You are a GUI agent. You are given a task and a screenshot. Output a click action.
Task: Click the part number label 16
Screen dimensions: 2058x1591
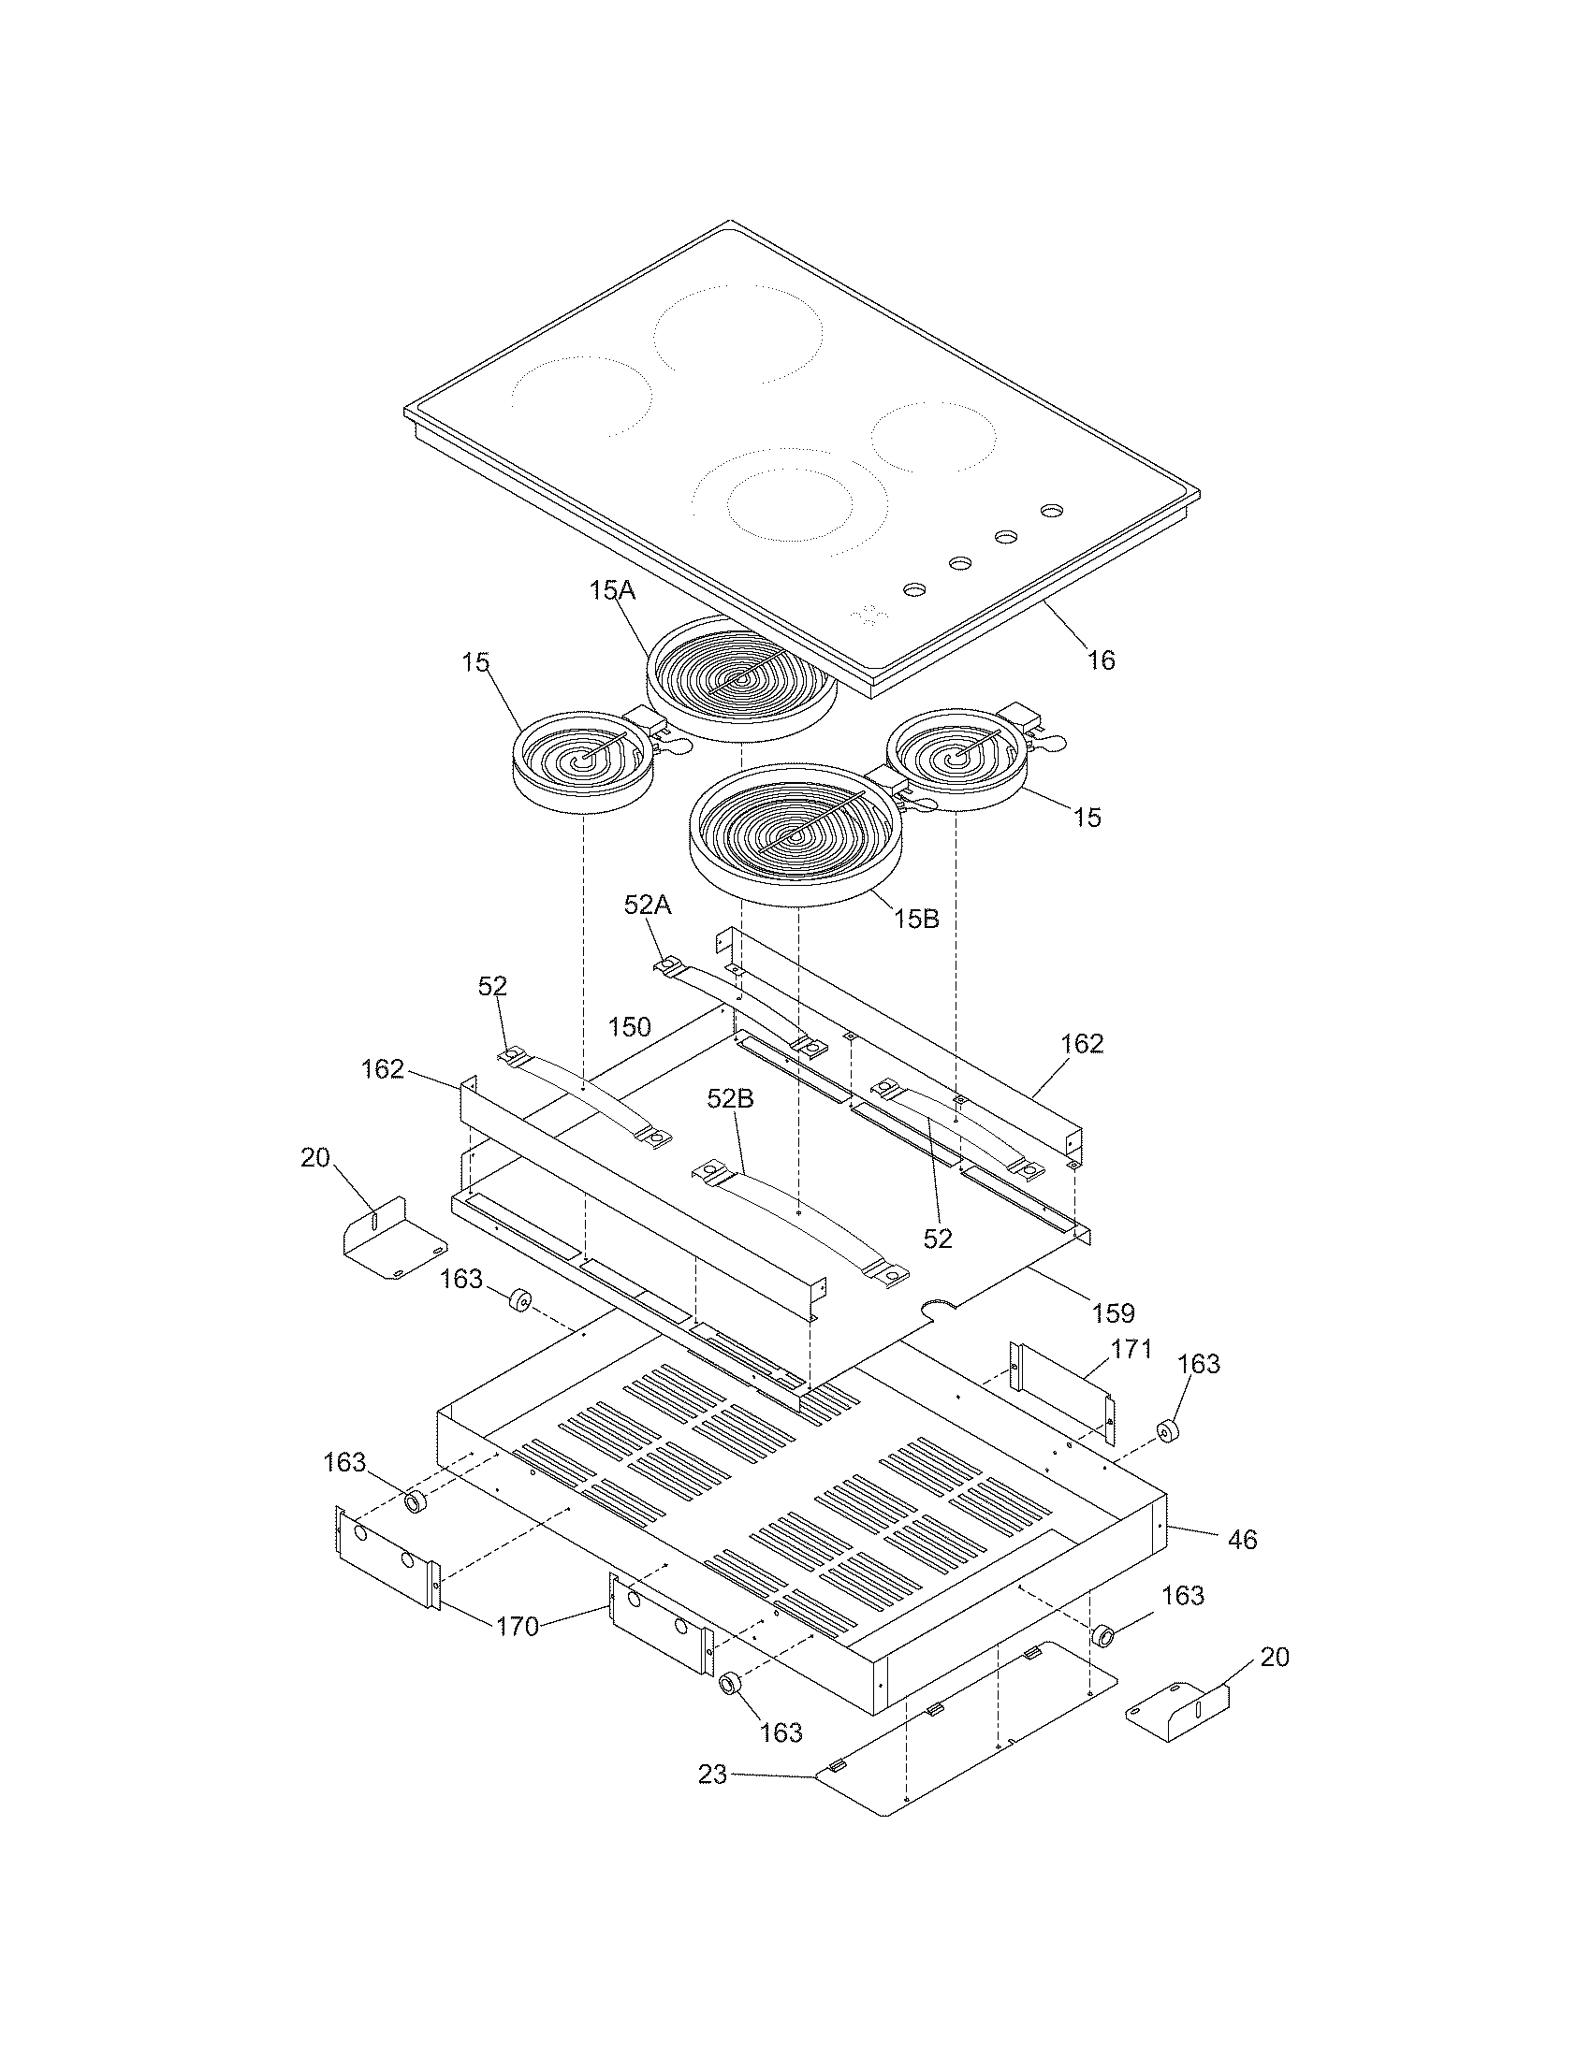click(x=1101, y=660)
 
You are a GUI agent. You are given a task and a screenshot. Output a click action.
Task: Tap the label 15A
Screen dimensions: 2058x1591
click(x=613, y=591)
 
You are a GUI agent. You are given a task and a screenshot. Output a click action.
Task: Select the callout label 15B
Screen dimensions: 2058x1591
click(x=916, y=919)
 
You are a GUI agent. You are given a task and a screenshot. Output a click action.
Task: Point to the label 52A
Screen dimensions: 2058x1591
click(x=648, y=906)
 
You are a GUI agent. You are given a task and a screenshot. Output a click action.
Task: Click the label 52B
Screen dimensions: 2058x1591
click(x=732, y=1100)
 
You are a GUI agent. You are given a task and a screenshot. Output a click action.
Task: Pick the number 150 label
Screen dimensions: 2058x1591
click(x=629, y=1027)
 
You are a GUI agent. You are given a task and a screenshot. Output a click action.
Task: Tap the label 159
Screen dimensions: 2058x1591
click(x=1113, y=1312)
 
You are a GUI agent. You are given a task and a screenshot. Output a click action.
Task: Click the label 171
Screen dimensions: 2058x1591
click(x=1131, y=1349)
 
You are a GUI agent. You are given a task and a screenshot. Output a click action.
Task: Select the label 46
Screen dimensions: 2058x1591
click(x=1242, y=1540)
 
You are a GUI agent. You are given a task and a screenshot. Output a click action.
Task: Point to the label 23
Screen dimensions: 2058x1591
click(x=712, y=1775)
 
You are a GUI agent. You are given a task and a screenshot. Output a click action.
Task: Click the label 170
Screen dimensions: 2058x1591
click(x=518, y=1626)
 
